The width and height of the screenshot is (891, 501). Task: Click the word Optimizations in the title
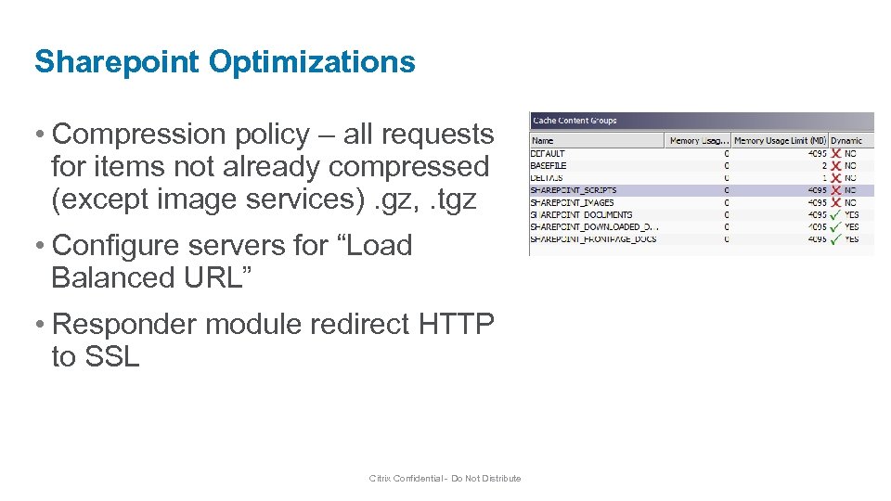pos(312,62)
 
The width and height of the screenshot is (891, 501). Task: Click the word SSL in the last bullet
pos(111,356)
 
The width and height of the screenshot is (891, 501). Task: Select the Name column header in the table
pos(542,141)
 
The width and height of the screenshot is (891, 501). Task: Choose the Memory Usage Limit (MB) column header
pos(779,141)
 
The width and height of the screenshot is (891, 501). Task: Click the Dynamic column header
pos(846,141)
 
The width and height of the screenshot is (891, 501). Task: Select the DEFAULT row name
pos(548,153)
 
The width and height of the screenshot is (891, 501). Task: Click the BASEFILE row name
pos(549,165)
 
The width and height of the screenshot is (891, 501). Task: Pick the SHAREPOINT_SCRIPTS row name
pos(573,190)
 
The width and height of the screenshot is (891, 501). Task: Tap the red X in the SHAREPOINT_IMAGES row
pos(835,202)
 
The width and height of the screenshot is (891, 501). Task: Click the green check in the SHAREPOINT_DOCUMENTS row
pos(835,214)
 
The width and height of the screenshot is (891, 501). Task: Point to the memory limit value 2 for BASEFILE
pos(822,165)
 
